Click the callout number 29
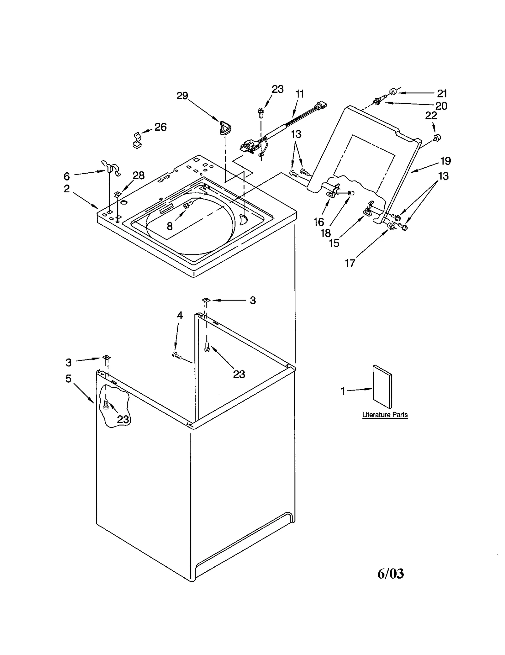pos(182,96)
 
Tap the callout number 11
pos(300,94)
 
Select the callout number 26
pos(160,127)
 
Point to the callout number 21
pos(442,93)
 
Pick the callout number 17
pos(350,263)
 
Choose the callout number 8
pos(170,226)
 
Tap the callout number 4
pos(180,315)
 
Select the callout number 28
pos(139,176)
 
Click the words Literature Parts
pos(385,415)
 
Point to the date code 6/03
pos(390,574)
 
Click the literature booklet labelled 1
pos(382,387)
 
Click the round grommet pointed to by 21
pos(393,92)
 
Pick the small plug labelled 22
pos(437,137)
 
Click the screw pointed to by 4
pos(177,355)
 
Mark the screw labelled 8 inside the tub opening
pos(186,205)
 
